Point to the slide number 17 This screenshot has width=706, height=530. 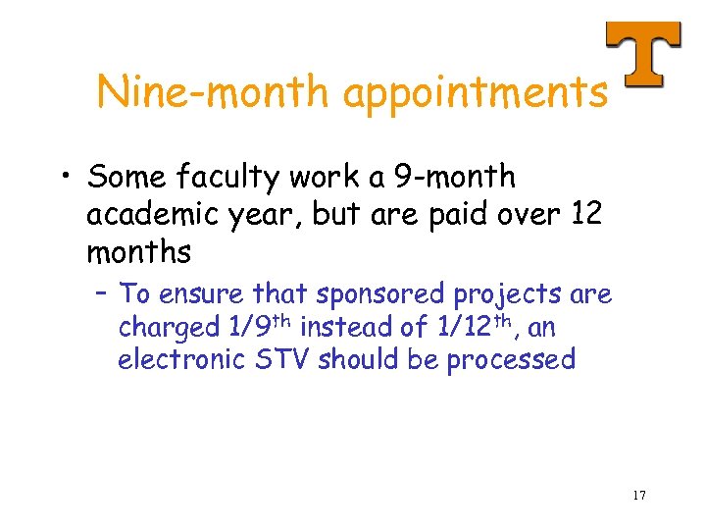click(x=638, y=495)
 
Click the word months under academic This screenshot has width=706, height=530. click(x=138, y=253)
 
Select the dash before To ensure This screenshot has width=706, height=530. click(x=102, y=294)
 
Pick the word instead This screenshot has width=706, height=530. click(x=345, y=327)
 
